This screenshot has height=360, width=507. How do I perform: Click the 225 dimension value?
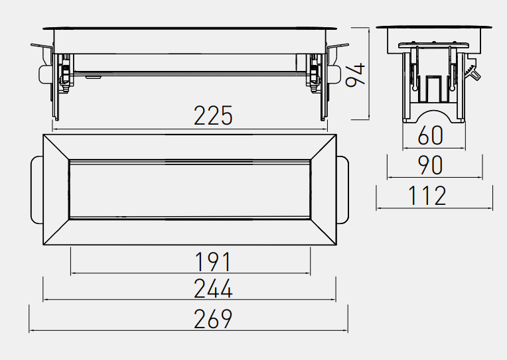coord(213,115)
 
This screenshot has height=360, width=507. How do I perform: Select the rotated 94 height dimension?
coord(355,76)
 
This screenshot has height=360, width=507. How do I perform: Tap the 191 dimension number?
coord(214,262)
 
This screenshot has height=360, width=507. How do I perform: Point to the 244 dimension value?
coord(213,288)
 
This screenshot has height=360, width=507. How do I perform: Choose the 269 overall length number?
coord(213,319)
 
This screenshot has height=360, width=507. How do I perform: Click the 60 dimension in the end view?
coord(430,135)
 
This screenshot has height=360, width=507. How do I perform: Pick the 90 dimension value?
coord(430,165)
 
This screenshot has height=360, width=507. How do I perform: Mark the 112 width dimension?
coord(427,196)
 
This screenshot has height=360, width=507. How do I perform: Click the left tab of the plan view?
coord(37,190)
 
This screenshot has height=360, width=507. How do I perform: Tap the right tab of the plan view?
coord(342,190)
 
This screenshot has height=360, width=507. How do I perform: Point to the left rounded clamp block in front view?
coord(45,74)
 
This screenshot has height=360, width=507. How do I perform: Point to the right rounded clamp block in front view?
coord(334,74)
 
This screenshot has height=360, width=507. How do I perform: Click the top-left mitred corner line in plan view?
coord(56,147)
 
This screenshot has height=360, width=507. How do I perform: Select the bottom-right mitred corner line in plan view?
coord(323,231)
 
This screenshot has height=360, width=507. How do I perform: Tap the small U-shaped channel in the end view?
coord(433,88)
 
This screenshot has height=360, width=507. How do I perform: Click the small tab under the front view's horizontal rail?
coord(94,78)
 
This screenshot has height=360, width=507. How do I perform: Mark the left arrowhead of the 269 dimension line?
coord(31,331)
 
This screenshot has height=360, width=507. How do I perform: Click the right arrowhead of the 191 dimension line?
coord(308,273)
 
